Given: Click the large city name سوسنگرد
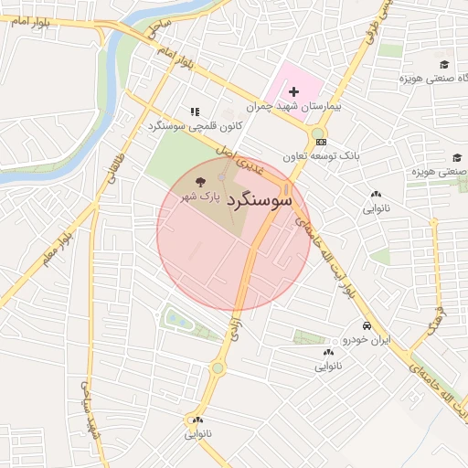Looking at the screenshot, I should click(259, 197).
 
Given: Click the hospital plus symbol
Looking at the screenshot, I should click(293, 92).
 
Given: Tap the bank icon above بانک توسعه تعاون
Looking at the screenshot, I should click(319, 142).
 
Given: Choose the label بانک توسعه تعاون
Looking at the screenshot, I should click(321, 156).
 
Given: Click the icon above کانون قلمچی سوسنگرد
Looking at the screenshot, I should click(194, 112).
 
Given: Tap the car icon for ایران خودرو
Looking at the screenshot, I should click(367, 325).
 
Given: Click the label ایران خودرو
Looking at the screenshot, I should click(367, 339).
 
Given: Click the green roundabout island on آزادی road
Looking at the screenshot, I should click(218, 368).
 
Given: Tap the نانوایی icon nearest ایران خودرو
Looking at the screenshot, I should click(328, 353).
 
